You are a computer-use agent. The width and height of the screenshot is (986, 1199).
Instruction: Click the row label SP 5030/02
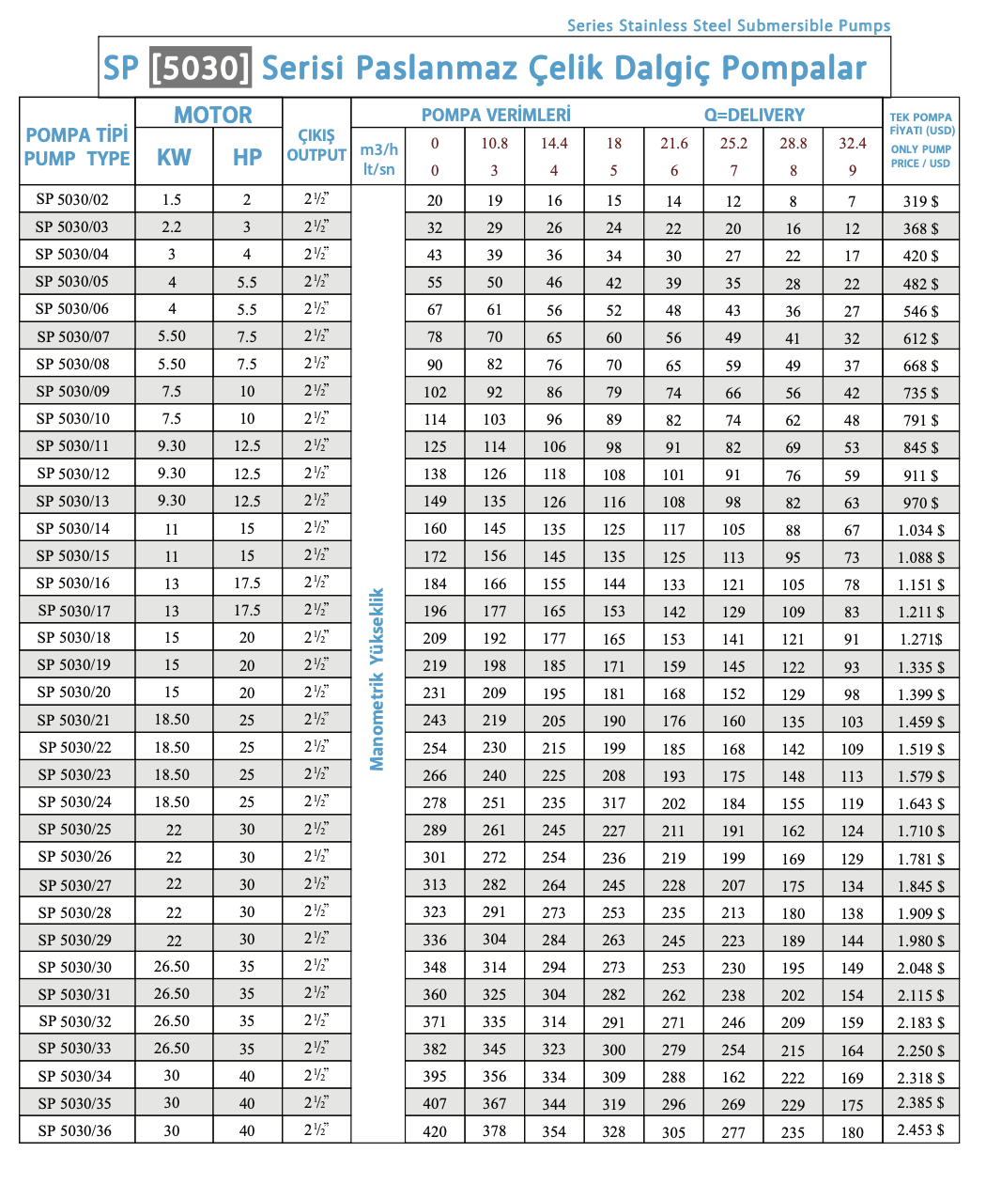(72, 199)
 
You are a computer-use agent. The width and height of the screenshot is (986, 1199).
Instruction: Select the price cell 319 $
(920, 201)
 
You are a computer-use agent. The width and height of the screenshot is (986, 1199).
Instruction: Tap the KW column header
(174, 158)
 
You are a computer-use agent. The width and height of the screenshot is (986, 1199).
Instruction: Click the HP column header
(247, 158)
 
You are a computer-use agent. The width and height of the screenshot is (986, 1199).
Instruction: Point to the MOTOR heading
(212, 116)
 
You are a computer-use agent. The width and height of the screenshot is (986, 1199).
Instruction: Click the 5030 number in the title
(200, 68)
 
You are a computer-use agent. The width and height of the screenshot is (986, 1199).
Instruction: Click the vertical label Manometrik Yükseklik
(377, 679)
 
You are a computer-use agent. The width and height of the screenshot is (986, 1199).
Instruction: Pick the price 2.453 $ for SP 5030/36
(920, 1129)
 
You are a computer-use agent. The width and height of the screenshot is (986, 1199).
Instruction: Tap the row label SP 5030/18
(74, 637)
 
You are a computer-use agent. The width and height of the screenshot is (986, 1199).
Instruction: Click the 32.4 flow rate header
(853, 143)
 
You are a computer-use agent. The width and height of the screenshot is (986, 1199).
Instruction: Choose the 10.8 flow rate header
(494, 143)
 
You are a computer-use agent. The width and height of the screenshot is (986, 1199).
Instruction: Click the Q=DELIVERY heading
(754, 116)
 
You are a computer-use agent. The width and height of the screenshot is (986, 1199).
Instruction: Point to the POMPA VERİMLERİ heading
(496, 116)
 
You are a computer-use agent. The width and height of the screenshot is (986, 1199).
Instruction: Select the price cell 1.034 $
(920, 530)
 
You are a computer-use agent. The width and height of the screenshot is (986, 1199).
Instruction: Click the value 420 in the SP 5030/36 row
(435, 1131)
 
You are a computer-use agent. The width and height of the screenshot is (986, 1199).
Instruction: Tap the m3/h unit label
(378, 149)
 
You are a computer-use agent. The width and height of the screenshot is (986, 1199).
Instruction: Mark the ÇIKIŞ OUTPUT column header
(316, 146)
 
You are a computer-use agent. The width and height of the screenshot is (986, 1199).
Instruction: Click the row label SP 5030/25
(74, 829)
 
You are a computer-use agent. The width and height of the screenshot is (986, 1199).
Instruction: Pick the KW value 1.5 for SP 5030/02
(172, 199)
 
